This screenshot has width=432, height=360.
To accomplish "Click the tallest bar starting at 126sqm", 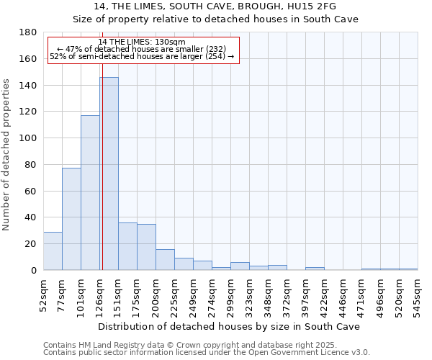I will pos(109,174).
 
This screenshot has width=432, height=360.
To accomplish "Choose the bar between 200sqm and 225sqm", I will pos(165,259).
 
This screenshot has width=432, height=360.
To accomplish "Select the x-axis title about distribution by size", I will pos(230,326).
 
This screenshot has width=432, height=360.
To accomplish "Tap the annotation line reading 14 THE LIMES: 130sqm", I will pos(142,42).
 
